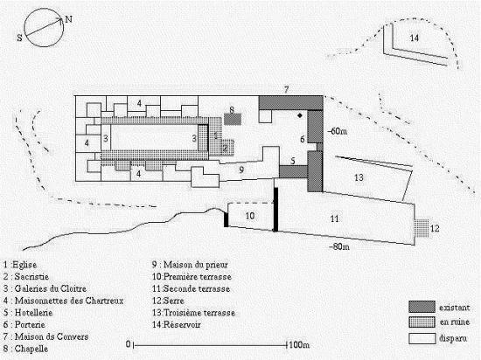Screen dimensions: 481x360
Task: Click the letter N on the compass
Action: (69, 19)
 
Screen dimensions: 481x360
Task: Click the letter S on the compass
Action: (19, 38)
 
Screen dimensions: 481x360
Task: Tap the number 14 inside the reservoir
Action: (415, 38)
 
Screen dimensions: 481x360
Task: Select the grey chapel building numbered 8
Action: (233, 119)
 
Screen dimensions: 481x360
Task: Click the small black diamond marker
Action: (300, 115)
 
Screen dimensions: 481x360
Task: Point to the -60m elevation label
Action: (337, 131)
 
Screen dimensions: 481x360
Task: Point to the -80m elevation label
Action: (339, 246)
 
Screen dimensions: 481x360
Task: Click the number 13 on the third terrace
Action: (359, 177)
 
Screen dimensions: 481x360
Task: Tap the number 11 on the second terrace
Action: (334, 218)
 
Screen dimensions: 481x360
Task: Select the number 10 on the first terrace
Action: (250, 216)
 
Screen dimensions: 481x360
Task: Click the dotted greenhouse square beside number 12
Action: (422, 228)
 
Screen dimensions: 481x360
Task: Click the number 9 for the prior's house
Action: (241, 170)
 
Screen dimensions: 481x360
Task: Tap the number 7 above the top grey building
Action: (286, 90)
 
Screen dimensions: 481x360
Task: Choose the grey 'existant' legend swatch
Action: (422, 307)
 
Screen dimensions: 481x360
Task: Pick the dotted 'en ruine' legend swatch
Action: (422, 322)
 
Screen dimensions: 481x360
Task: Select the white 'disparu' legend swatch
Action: (422, 338)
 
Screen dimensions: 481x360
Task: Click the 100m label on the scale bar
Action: (299, 344)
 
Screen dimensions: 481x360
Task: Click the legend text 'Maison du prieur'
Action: (195, 265)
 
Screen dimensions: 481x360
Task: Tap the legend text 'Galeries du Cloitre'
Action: (51, 288)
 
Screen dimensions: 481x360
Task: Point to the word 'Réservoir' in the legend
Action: (182, 324)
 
